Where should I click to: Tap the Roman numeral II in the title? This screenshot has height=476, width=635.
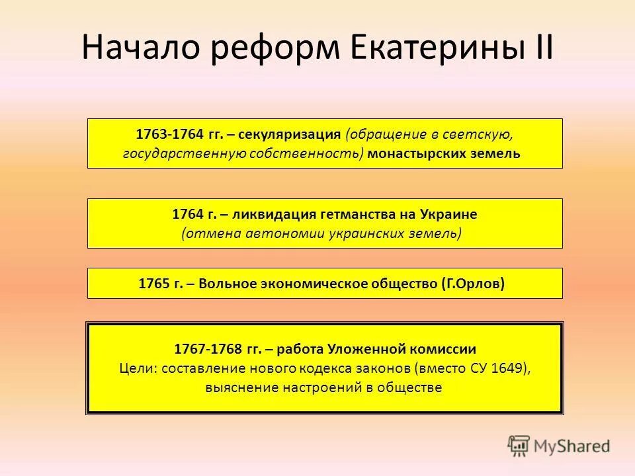pyautogui.click(x=540, y=48)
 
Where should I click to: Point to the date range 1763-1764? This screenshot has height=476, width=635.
pyautogui.click(x=169, y=134)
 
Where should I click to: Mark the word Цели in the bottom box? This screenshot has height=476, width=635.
pyautogui.click(x=136, y=368)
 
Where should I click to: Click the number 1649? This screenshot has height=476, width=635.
pyautogui.click(x=509, y=368)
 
